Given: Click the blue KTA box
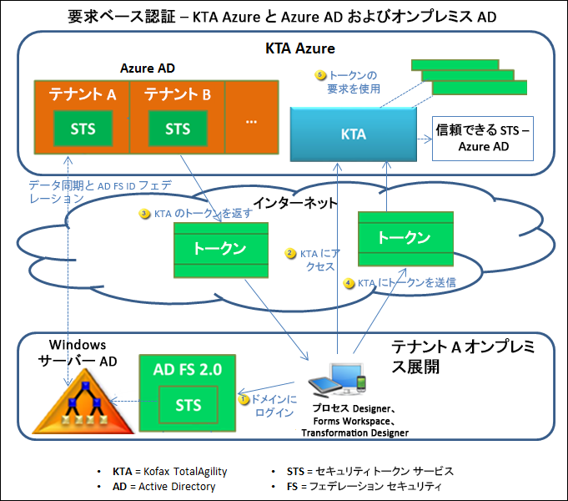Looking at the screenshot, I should coord(353,134).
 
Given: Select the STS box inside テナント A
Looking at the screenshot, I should coord(83,129).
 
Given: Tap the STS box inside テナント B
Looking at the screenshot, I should coord(178,129).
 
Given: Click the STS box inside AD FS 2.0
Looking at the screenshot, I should coord(188,405).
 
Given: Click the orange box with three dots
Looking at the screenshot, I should coord(251,119).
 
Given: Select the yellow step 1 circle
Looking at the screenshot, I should coord(245,399).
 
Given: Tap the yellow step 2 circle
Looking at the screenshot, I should coord(290,253).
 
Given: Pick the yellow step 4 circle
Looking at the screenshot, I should coord(349,283).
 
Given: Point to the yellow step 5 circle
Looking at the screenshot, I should coord(320,75).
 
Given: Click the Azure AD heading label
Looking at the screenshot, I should coord(148,68).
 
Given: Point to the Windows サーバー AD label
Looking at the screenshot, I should coord(76,352).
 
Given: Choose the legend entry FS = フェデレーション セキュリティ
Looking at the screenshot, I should coord(358,486).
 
